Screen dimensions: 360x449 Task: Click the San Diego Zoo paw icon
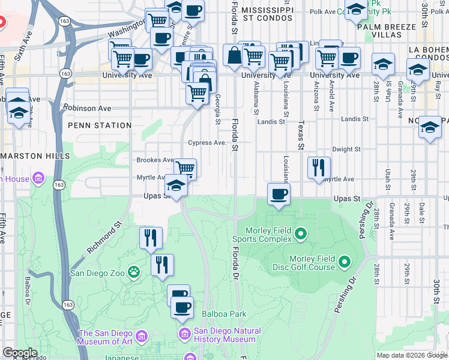coord(133,273)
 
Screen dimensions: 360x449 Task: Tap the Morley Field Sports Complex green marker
coord(301,233)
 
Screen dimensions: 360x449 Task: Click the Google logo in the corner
coord(19,352)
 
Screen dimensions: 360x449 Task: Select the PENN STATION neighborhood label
coord(100,125)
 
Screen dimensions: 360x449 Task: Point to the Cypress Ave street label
coord(207,143)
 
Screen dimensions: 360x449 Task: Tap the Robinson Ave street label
coord(89,109)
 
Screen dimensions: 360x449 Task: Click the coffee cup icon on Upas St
coord(278,194)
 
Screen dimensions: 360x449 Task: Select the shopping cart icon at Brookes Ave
coord(185,169)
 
